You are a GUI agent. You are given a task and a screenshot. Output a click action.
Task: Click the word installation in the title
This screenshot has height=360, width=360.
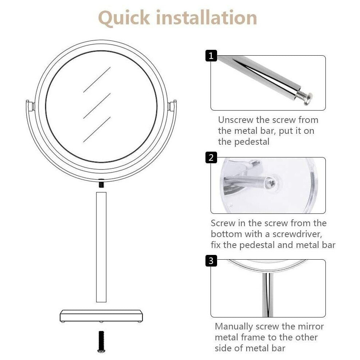[207, 17]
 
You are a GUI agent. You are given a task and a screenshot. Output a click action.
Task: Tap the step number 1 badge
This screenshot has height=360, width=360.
[211, 56]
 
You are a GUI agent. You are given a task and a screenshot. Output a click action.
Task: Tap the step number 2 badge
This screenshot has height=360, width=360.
[211, 157]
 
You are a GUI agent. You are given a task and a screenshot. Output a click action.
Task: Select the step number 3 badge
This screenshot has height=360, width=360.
[211, 261]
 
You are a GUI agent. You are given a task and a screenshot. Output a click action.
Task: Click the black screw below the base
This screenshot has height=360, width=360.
[101, 341]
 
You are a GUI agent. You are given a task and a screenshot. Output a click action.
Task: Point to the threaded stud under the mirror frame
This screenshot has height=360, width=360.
[101, 184]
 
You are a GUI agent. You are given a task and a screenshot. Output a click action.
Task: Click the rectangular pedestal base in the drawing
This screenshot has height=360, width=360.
[101, 316]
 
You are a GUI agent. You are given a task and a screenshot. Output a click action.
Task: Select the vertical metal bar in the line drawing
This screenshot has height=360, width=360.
[101, 247]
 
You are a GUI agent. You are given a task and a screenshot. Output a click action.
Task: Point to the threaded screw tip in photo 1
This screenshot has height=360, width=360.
[303, 97]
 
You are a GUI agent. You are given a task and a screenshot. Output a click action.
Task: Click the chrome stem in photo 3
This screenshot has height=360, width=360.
[268, 294]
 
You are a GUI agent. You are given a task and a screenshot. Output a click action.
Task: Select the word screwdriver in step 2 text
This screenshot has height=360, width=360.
[297, 234]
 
